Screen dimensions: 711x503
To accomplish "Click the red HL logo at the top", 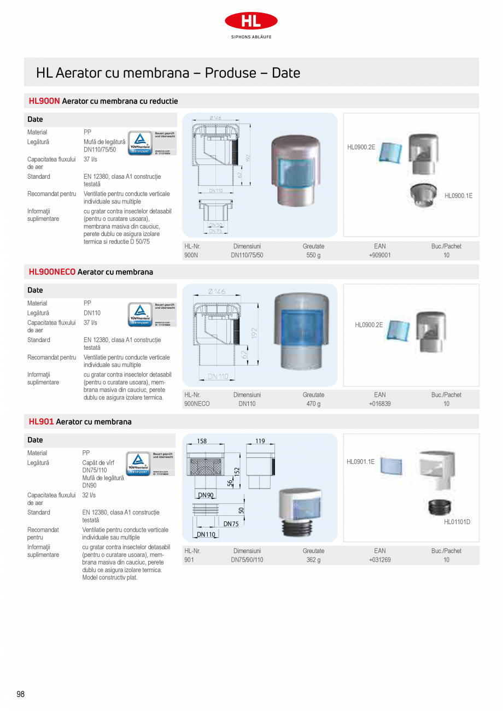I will [x=251, y=21].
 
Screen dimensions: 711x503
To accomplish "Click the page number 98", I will [x=21, y=694].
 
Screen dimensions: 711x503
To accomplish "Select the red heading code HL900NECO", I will [x=52, y=272].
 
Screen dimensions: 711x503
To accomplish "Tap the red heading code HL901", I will [x=41, y=421].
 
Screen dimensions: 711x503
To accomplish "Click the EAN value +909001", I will [x=379, y=255].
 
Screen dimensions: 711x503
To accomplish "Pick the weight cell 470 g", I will [x=313, y=404].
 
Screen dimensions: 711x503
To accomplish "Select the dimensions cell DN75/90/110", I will [x=247, y=560].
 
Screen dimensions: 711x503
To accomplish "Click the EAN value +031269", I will [x=379, y=560].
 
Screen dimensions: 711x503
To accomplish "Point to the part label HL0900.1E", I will [x=458, y=196].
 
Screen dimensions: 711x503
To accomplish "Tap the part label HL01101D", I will [x=457, y=522].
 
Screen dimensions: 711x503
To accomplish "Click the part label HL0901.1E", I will [x=360, y=462].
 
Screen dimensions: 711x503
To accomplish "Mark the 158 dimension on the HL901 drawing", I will [x=202, y=441].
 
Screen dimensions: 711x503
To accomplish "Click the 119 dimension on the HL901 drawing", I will [x=260, y=441].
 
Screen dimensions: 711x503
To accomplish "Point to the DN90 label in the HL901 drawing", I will [x=206, y=495].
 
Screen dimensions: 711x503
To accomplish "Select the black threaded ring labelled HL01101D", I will [x=439, y=508].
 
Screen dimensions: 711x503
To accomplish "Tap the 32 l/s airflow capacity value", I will [x=89, y=495].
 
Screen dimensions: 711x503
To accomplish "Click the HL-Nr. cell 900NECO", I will [x=197, y=404].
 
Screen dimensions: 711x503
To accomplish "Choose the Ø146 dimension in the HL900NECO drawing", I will [x=217, y=291].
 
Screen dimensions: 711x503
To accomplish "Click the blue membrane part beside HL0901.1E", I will [x=391, y=465].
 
